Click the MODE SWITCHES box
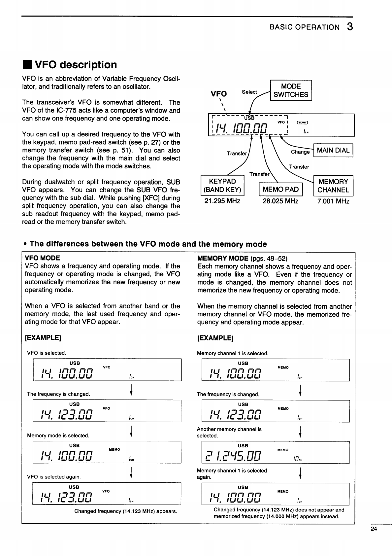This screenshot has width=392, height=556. point(291,90)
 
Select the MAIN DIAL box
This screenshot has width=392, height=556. point(333,151)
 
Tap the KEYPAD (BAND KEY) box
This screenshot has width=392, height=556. point(222,186)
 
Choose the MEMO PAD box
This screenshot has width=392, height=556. point(280,190)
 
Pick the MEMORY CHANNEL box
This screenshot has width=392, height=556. point(333,186)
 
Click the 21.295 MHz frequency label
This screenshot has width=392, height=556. point(222,201)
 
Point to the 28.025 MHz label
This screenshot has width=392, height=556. point(280,201)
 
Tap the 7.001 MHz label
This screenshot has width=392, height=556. point(333,201)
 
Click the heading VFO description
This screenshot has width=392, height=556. point(76,65)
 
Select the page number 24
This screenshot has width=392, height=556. point(374,529)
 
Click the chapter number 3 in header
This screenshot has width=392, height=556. point(350,27)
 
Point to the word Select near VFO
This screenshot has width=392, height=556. point(249,92)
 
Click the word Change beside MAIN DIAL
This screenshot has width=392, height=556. point(300,152)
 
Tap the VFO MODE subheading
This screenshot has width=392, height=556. point(43,258)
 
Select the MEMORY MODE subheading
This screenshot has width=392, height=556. point(223,258)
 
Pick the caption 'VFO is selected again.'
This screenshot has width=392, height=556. point(54,477)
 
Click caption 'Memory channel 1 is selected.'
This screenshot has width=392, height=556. point(233,353)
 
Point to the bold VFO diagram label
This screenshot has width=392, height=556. point(219,94)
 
